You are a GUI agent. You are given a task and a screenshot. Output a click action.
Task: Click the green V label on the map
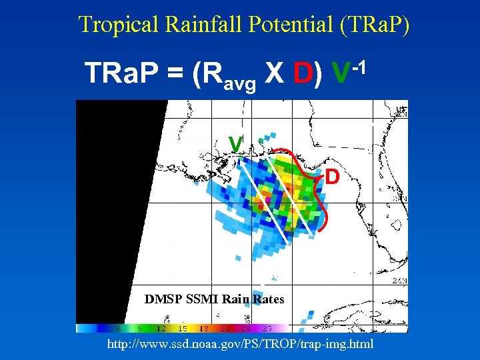tap(235, 143)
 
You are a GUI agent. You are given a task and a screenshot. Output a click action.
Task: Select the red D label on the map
tap(333, 177)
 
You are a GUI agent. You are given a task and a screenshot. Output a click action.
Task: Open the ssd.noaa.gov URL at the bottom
tap(240, 344)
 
